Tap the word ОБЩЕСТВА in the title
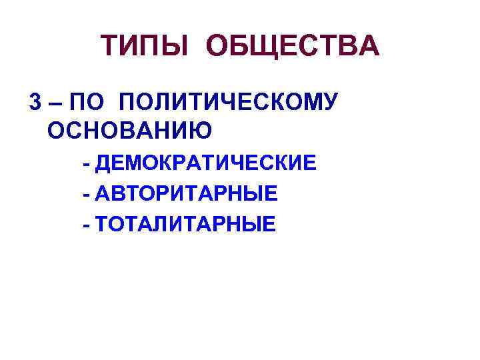click(x=293, y=47)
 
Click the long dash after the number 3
click(x=55, y=103)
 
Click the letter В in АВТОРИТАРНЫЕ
click(x=120, y=194)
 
